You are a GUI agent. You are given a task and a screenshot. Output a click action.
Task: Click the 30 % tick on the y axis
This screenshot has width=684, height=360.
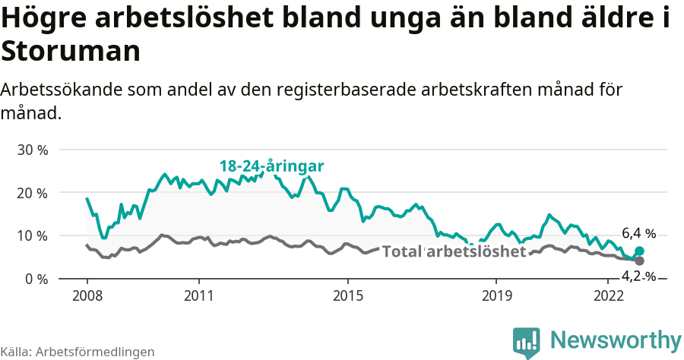coord(32,150)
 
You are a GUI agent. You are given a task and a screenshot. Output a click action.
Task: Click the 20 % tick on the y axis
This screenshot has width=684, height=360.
coord(32,193)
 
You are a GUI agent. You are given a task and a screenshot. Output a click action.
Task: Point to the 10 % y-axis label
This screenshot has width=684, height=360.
coord(32,236)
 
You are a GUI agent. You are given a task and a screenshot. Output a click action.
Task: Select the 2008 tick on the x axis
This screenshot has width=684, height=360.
coord(87,295)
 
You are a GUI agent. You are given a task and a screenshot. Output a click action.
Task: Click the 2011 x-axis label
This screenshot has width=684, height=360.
coord(198,295)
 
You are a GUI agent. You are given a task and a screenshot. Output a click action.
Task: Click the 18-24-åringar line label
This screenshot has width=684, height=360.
coord(272,166)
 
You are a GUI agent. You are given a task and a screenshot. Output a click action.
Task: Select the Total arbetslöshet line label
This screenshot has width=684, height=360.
coord(454,251)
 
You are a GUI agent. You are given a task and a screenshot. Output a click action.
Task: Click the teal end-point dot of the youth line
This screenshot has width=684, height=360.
coord(639,251)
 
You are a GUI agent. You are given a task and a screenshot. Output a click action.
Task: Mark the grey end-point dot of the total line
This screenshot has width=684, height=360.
coord(639,261)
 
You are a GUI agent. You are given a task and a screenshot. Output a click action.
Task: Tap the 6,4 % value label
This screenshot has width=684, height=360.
coord(638,234)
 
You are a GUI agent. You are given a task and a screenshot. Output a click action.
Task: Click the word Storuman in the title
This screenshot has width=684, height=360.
coord(70,52)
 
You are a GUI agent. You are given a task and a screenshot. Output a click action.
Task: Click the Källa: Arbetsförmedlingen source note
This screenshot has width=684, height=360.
coord(78,352)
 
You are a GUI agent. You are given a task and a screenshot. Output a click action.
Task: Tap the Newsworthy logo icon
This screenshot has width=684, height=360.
coord(527,343)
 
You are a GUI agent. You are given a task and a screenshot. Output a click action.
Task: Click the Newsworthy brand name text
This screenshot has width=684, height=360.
coord(616,339)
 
